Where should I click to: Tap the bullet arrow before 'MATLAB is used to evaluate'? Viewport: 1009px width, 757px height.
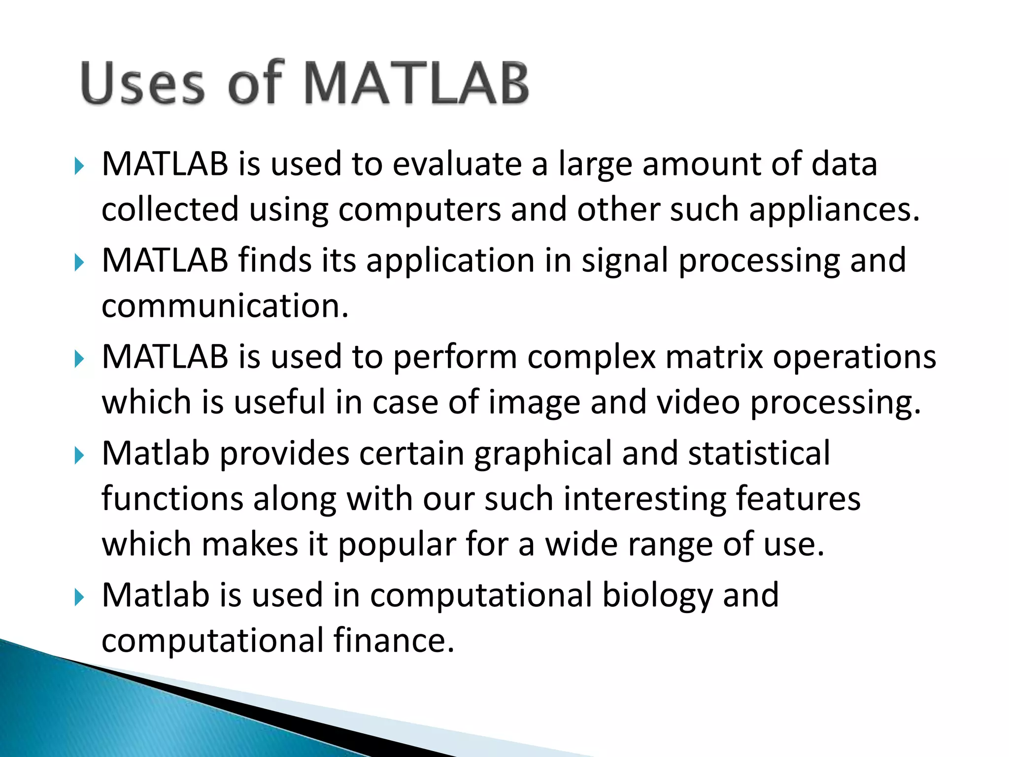(x=79, y=167)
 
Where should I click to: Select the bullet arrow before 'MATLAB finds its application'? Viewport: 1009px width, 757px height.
(x=79, y=263)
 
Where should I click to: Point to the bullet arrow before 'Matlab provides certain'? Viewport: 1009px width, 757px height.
(x=79, y=456)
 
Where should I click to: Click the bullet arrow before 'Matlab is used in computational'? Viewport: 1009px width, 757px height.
(x=79, y=598)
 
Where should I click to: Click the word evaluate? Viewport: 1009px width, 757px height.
(x=457, y=164)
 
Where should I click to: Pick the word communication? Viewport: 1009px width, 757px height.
(x=225, y=306)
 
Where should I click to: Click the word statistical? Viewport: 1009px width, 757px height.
(x=759, y=453)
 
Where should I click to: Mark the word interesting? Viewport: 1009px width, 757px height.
(x=644, y=499)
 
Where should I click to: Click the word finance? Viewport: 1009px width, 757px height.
(x=393, y=641)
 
